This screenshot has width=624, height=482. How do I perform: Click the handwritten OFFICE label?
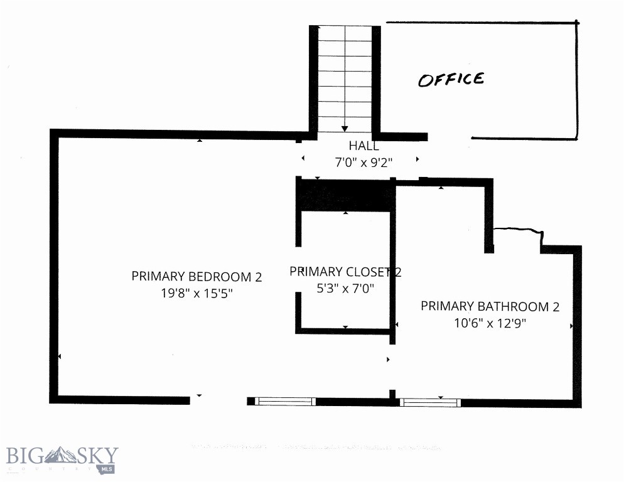tap(451, 80)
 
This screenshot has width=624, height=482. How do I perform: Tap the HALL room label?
tap(363, 146)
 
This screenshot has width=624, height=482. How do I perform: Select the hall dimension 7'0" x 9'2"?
tap(363, 162)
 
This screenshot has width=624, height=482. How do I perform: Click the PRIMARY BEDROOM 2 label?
tap(196, 276)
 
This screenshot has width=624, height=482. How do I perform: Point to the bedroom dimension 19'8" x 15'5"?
tap(196, 293)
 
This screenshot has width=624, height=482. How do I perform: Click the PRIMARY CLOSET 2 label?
tap(345, 272)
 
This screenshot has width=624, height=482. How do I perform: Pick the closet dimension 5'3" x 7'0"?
tap(345, 289)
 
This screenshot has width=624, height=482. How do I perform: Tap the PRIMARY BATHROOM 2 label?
tap(490, 306)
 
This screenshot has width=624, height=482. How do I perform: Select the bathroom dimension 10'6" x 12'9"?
tap(490, 323)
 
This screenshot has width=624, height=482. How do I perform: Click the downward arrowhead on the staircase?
tap(345, 128)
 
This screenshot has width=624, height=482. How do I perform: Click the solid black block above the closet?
tap(346, 195)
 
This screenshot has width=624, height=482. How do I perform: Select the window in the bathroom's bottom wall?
tap(430, 402)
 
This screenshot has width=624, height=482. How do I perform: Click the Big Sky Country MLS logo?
tap(62, 458)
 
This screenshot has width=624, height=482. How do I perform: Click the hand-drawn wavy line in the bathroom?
tap(517, 232)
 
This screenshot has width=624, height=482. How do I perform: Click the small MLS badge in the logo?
tap(106, 468)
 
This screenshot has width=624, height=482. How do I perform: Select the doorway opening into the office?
tap(449, 137)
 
